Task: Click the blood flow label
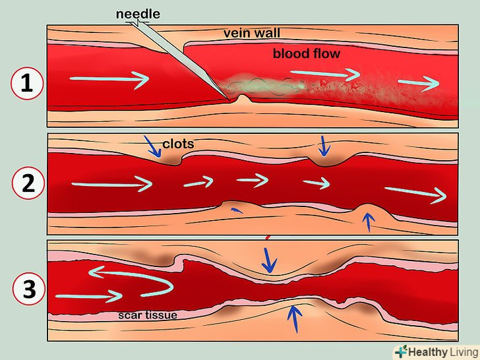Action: (x=307, y=53)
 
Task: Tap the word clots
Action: (x=177, y=142)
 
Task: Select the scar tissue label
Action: (x=148, y=315)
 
